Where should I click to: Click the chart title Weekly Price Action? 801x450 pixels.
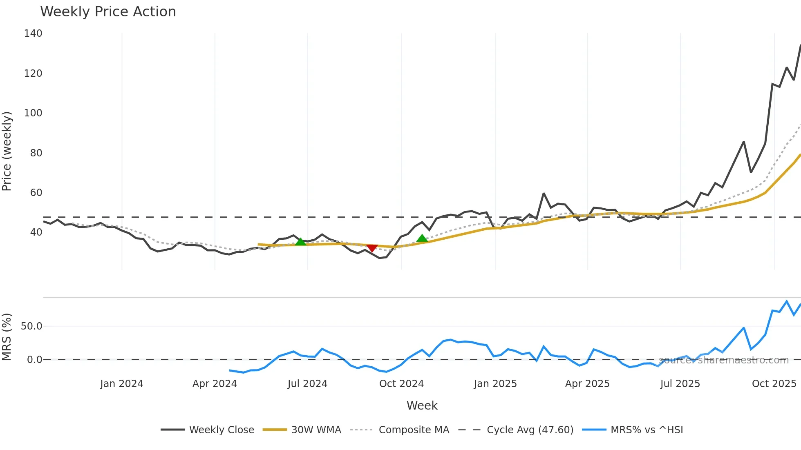108,12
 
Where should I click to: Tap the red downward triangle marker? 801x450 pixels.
372,248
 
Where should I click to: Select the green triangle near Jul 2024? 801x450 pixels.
300,242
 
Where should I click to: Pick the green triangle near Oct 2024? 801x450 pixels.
422,238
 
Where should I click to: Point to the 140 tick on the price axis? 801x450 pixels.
33,33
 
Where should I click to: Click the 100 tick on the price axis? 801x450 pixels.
33,113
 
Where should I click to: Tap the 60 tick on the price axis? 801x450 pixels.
36,193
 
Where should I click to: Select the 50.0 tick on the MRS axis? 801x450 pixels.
31,326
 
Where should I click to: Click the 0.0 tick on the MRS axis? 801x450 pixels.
34,360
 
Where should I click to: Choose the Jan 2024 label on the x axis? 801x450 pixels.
121,384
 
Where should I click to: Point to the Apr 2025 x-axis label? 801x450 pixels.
587,384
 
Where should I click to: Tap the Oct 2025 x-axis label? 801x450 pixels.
774,384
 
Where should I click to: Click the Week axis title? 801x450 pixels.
422,405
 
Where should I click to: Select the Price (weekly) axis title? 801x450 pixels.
7,151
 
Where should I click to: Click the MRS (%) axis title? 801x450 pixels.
7,337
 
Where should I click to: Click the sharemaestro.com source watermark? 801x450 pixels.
724,360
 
